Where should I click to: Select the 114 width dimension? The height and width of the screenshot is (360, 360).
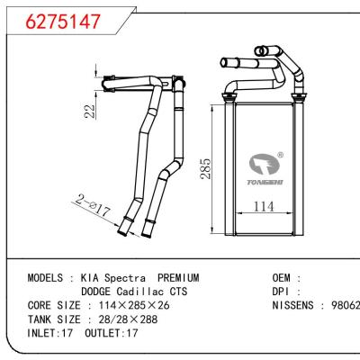[263, 205]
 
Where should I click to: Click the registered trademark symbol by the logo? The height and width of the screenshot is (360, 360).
[280, 154]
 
